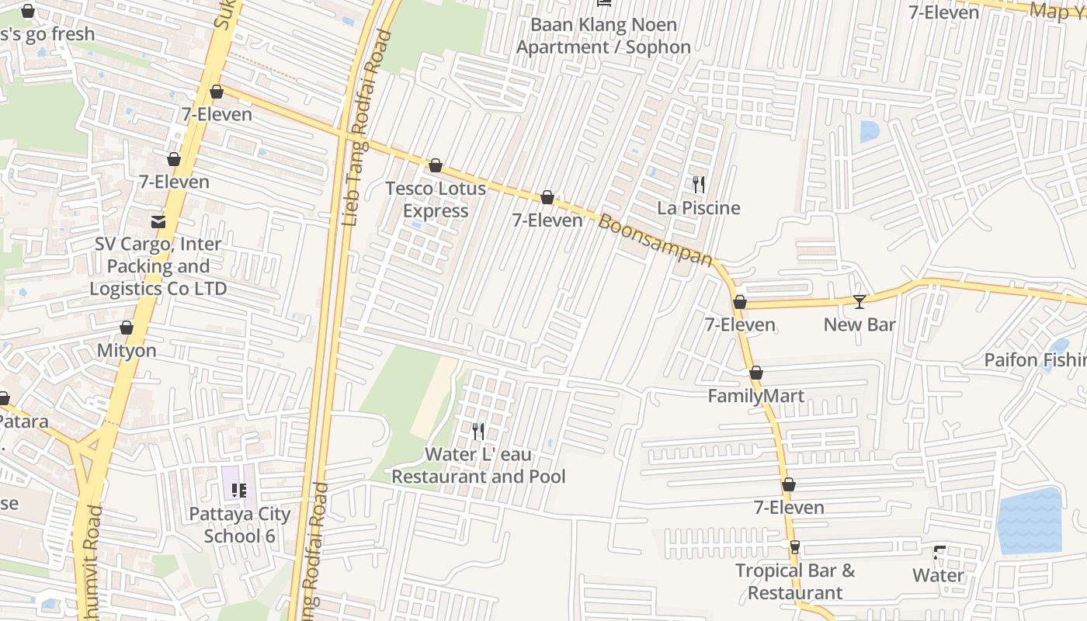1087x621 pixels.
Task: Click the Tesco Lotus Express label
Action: click(x=436, y=199)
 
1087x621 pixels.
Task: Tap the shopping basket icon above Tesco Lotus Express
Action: click(x=436, y=165)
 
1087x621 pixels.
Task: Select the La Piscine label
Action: click(x=698, y=208)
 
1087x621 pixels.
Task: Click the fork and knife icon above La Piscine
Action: click(x=699, y=184)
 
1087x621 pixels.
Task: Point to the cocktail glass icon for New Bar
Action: click(x=859, y=301)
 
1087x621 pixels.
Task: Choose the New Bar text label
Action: click(x=859, y=324)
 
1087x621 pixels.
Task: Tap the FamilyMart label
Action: click(x=755, y=396)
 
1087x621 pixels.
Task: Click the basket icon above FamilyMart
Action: click(x=755, y=373)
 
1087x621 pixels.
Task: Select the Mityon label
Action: click(x=127, y=350)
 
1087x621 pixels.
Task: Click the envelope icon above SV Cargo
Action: click(x=158, y=221)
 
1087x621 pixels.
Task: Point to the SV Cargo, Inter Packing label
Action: click(x=158, y=266)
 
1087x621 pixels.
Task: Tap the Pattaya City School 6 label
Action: click(x=240, y=525)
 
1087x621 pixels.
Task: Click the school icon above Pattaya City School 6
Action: click(x=239, y=490)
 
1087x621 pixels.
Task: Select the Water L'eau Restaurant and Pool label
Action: click(x=478, y=465)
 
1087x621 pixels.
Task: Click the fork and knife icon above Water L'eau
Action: click(x=478, y=431)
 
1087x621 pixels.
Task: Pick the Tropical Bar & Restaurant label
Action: click(x=794, y=581)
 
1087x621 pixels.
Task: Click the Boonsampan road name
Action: click(x=655, y=240)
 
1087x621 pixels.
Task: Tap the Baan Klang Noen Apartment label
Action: click(x=603, y=36)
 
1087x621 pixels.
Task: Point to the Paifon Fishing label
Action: click(x=1035, y=360)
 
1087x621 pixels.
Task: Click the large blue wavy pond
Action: click(x=1029, y=521)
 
